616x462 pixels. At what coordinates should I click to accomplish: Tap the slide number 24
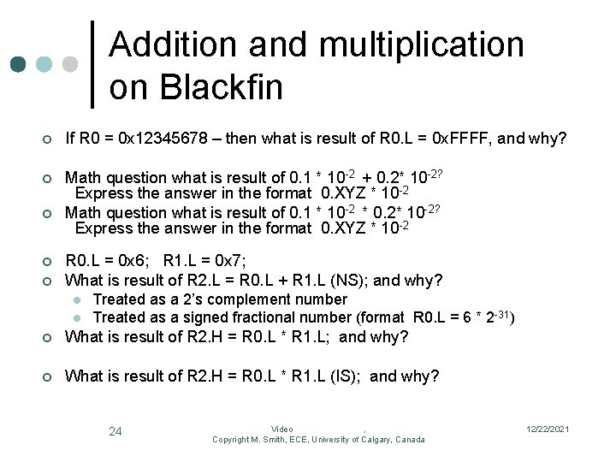(115, 431)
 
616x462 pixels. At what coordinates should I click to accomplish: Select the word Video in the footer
(282, 429)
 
